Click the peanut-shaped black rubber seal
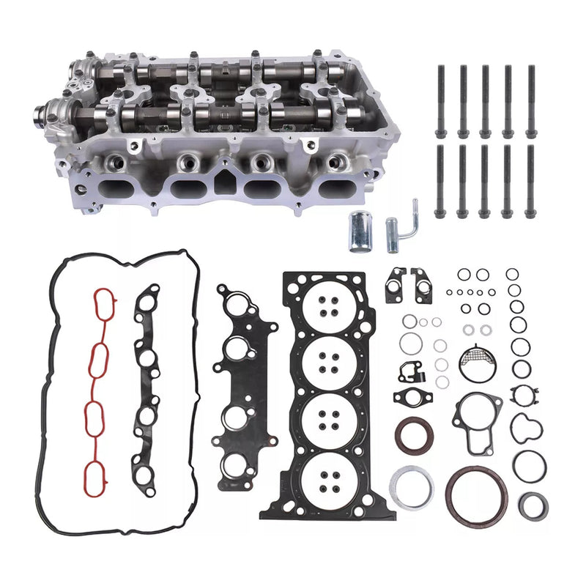point(524,428)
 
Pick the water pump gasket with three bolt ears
point(477,413)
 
